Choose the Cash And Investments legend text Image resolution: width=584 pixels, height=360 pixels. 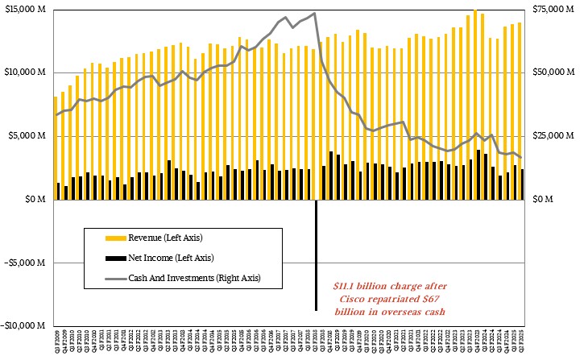(193, 279)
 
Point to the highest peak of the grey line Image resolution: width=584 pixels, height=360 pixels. (313, 13)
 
